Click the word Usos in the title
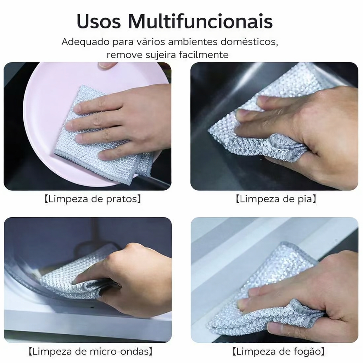(99, 21)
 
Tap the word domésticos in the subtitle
(249, 42)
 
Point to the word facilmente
(204, 55)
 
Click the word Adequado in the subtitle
(85, 42)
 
